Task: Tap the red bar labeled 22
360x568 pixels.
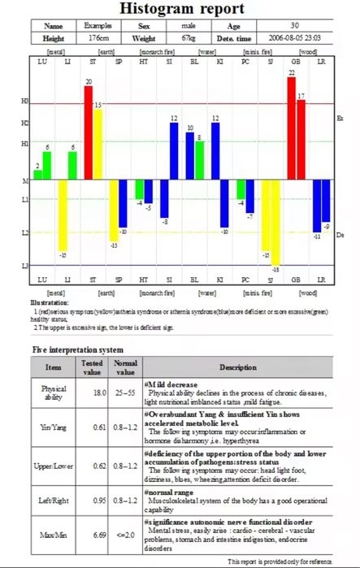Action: click(x=291, y=128)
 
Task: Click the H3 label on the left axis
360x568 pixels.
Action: click(x=24, y=102)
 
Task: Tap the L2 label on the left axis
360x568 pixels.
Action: click(x=24, y=233)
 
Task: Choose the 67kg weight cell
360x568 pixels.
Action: click(x=188, y=38)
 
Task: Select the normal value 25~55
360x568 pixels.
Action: click(x=125, y=392)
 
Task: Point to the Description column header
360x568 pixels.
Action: click(x=237, y=367)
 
